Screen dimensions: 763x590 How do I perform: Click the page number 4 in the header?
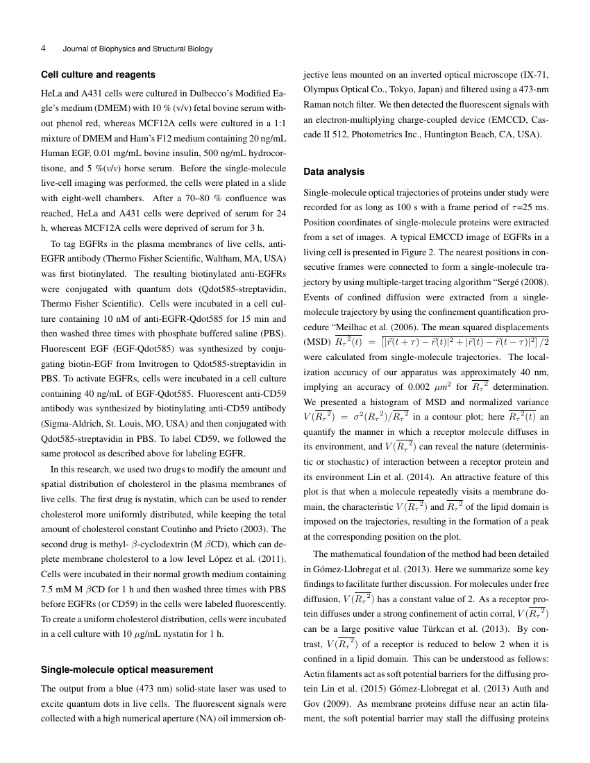(44, 49)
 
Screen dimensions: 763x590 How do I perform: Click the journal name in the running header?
(137, 49)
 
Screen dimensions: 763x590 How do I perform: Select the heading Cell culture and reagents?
(98, 74)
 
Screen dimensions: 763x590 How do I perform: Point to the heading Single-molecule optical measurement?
(128, 669)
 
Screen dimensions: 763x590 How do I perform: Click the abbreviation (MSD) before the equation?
(317, 341)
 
